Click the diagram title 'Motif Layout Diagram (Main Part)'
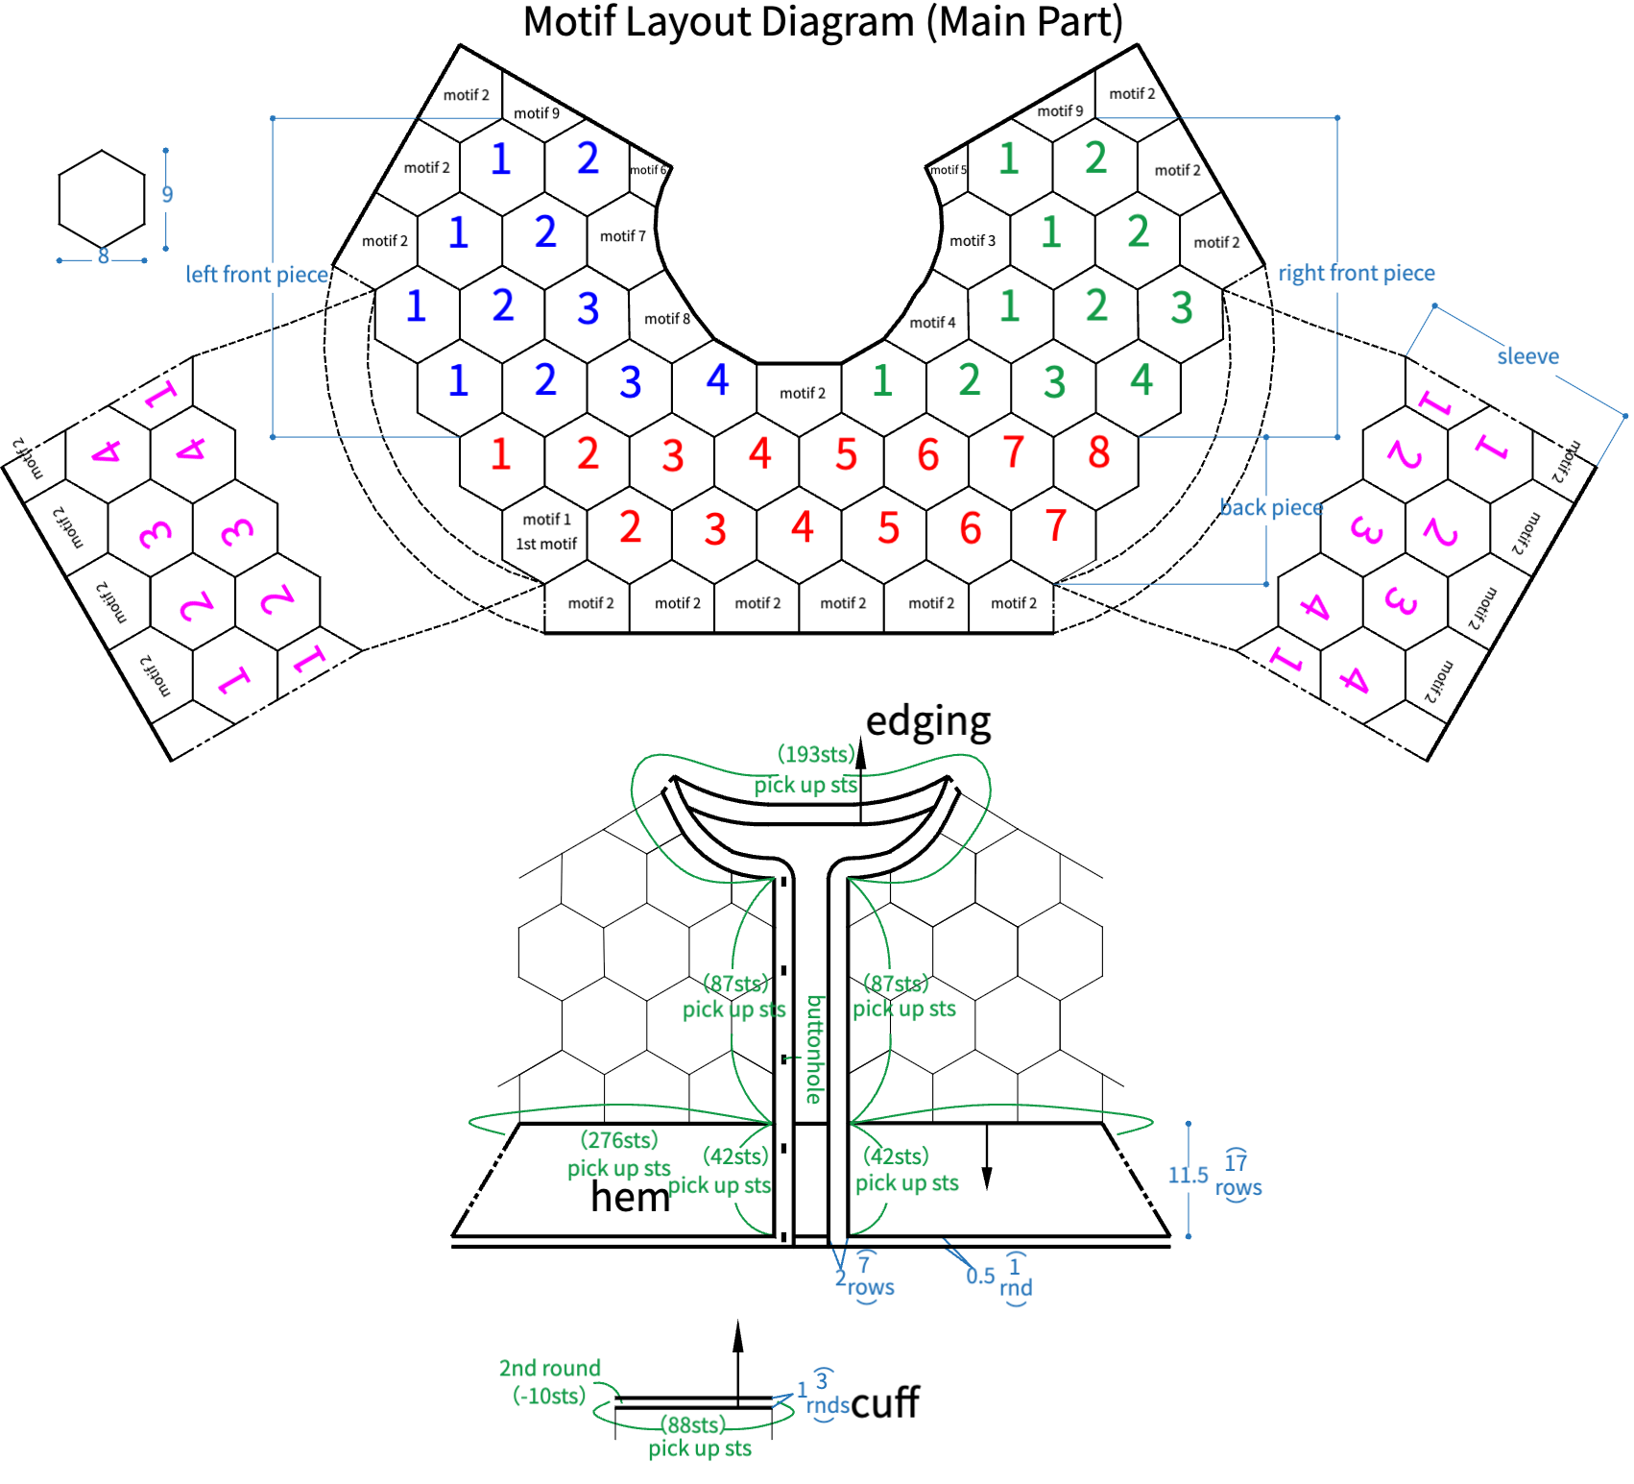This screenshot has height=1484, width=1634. [823, 22]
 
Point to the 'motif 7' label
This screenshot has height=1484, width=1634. [623, 236]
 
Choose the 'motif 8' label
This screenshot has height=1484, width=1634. [667, 319]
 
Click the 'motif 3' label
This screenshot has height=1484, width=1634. [973, 241]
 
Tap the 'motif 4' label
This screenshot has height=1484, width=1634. [932, 323]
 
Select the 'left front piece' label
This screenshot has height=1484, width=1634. [257, 275]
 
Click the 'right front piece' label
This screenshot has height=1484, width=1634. [1357, 274]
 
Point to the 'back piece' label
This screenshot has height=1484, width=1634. [1271, 507]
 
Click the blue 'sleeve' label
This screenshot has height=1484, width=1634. [1528, 356]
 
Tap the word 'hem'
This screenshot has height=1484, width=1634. [630, 1197]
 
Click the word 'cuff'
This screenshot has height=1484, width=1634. [885, 1402]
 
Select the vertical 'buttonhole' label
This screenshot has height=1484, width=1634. [815, 1050]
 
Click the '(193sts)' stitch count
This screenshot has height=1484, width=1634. [816, 755]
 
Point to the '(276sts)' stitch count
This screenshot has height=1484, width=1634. [619, 1140]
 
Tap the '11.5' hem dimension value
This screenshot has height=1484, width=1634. [1188, 1175]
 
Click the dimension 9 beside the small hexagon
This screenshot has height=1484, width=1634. [167, 194]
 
